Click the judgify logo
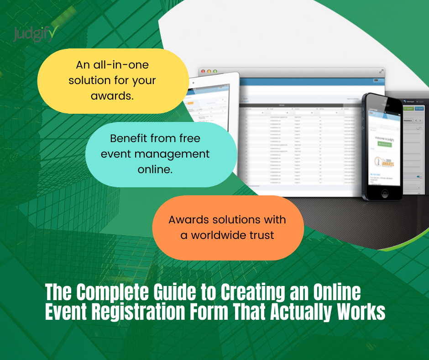pyautogui.click(x=36, y=33)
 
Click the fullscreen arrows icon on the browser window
pyautogui.click(x=381, y=71)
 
